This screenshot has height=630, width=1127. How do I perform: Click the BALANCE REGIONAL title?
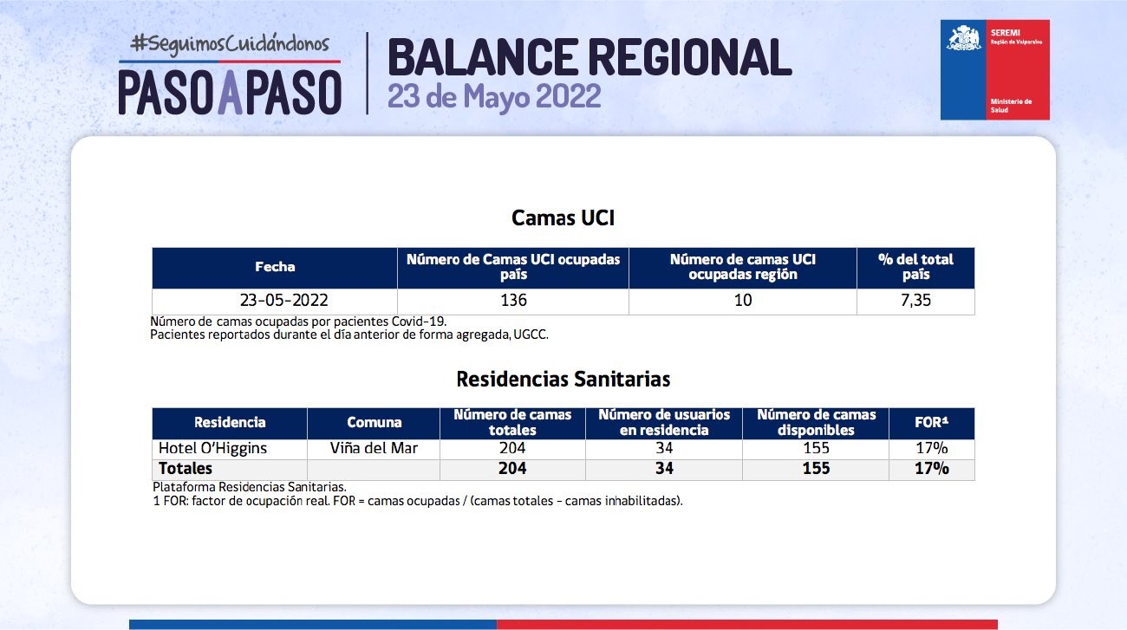click(590, 57)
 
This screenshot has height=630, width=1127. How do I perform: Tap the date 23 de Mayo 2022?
click(494, 96)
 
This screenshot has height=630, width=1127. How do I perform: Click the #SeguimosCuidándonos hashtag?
click(230, 43)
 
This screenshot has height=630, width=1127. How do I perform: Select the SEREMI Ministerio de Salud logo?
click(994, 70)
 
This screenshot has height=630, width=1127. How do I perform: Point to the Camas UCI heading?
click(563, 218)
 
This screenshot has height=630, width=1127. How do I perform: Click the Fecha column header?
click(275, 267)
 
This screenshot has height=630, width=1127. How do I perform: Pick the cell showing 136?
click(513, 300)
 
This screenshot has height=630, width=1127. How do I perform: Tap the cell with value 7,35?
click(915, 300)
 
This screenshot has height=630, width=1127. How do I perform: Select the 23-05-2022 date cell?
click(283, 300)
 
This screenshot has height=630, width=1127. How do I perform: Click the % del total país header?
click(915, 267)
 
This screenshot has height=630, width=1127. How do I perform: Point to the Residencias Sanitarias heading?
click(563, 379)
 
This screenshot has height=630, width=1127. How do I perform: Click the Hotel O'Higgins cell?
click(212, 449)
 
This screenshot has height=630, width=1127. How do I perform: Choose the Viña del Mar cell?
click(374, 448)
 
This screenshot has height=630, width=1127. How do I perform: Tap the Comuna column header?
click(374, 422)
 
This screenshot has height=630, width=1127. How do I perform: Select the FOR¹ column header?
click(931, 422)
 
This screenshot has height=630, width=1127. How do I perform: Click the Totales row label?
click(186, 469)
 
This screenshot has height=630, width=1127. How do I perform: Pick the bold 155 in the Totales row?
click(816, 469)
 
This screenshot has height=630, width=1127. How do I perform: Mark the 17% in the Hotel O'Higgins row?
click(931, 448)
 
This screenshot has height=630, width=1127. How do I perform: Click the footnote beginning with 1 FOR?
click(418, 501)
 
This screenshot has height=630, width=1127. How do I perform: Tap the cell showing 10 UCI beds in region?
click(743, 300)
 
